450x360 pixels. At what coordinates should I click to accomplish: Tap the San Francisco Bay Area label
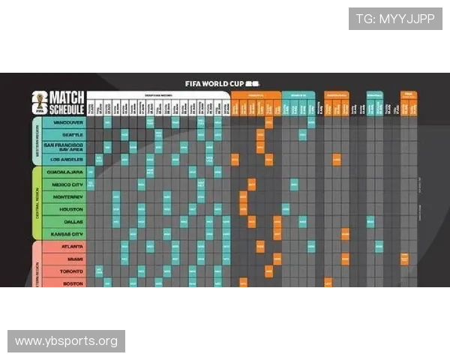tap(64, 146)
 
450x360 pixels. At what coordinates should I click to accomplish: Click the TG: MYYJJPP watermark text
tap(395, 18)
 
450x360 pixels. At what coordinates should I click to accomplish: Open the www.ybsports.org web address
tap(66, 341)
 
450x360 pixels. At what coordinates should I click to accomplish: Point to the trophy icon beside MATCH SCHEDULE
tap(37, 102)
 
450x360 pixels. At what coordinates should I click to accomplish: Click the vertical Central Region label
tap(36, 202)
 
